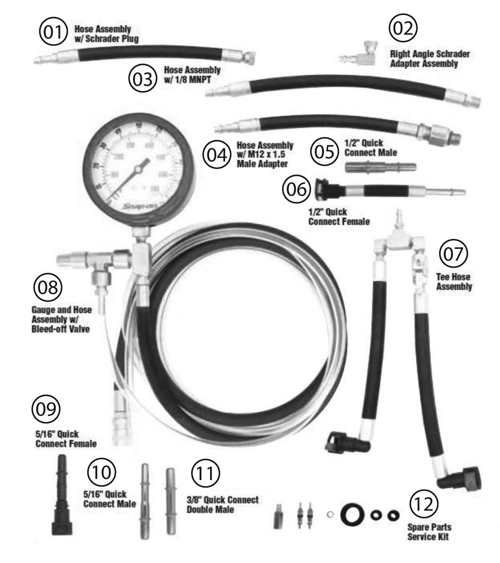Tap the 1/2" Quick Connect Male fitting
380,166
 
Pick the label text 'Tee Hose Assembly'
454,281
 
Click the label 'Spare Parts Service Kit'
429,532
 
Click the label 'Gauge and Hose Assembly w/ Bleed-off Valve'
62,319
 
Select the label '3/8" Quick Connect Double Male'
222,504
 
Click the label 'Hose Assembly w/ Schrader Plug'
106,34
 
